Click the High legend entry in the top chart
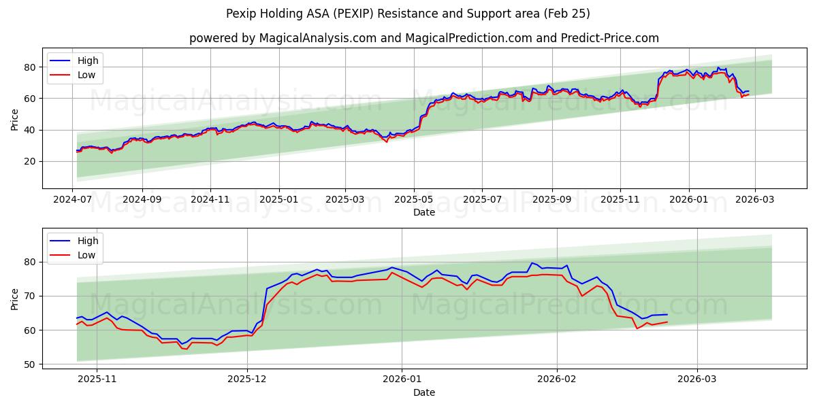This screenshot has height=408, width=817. pyautogui.click(x=88, y=61)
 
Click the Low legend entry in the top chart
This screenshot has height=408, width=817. pyautogui.click(x=86, y=75)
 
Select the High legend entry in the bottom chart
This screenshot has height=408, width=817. pyautogui.click(x=88, y=241)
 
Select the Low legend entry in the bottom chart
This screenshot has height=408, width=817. pyautogui.click(x=86, y=255)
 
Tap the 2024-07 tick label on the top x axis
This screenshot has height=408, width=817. pyautogui.click(x=73, y=201)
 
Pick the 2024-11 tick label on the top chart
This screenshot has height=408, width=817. pyautogui.click(x=210, y=201)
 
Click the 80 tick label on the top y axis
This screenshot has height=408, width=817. pyautogui.click(x=30, y=67)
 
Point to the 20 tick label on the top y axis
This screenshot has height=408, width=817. pyautogui.click(x=30, y=161)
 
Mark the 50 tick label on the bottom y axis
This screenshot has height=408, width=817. pyautogui.click(x=30, y=364)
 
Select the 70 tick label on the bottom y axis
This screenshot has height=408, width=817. pyautogui.click(x=30, y=296)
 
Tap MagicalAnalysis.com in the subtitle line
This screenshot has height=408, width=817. pyautogui.click(x=318, y=38)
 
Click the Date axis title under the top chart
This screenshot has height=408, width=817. pyautogui.click(x=423, y=212)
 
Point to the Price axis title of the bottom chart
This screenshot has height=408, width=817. pyautogui.click(x=14, y=299)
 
